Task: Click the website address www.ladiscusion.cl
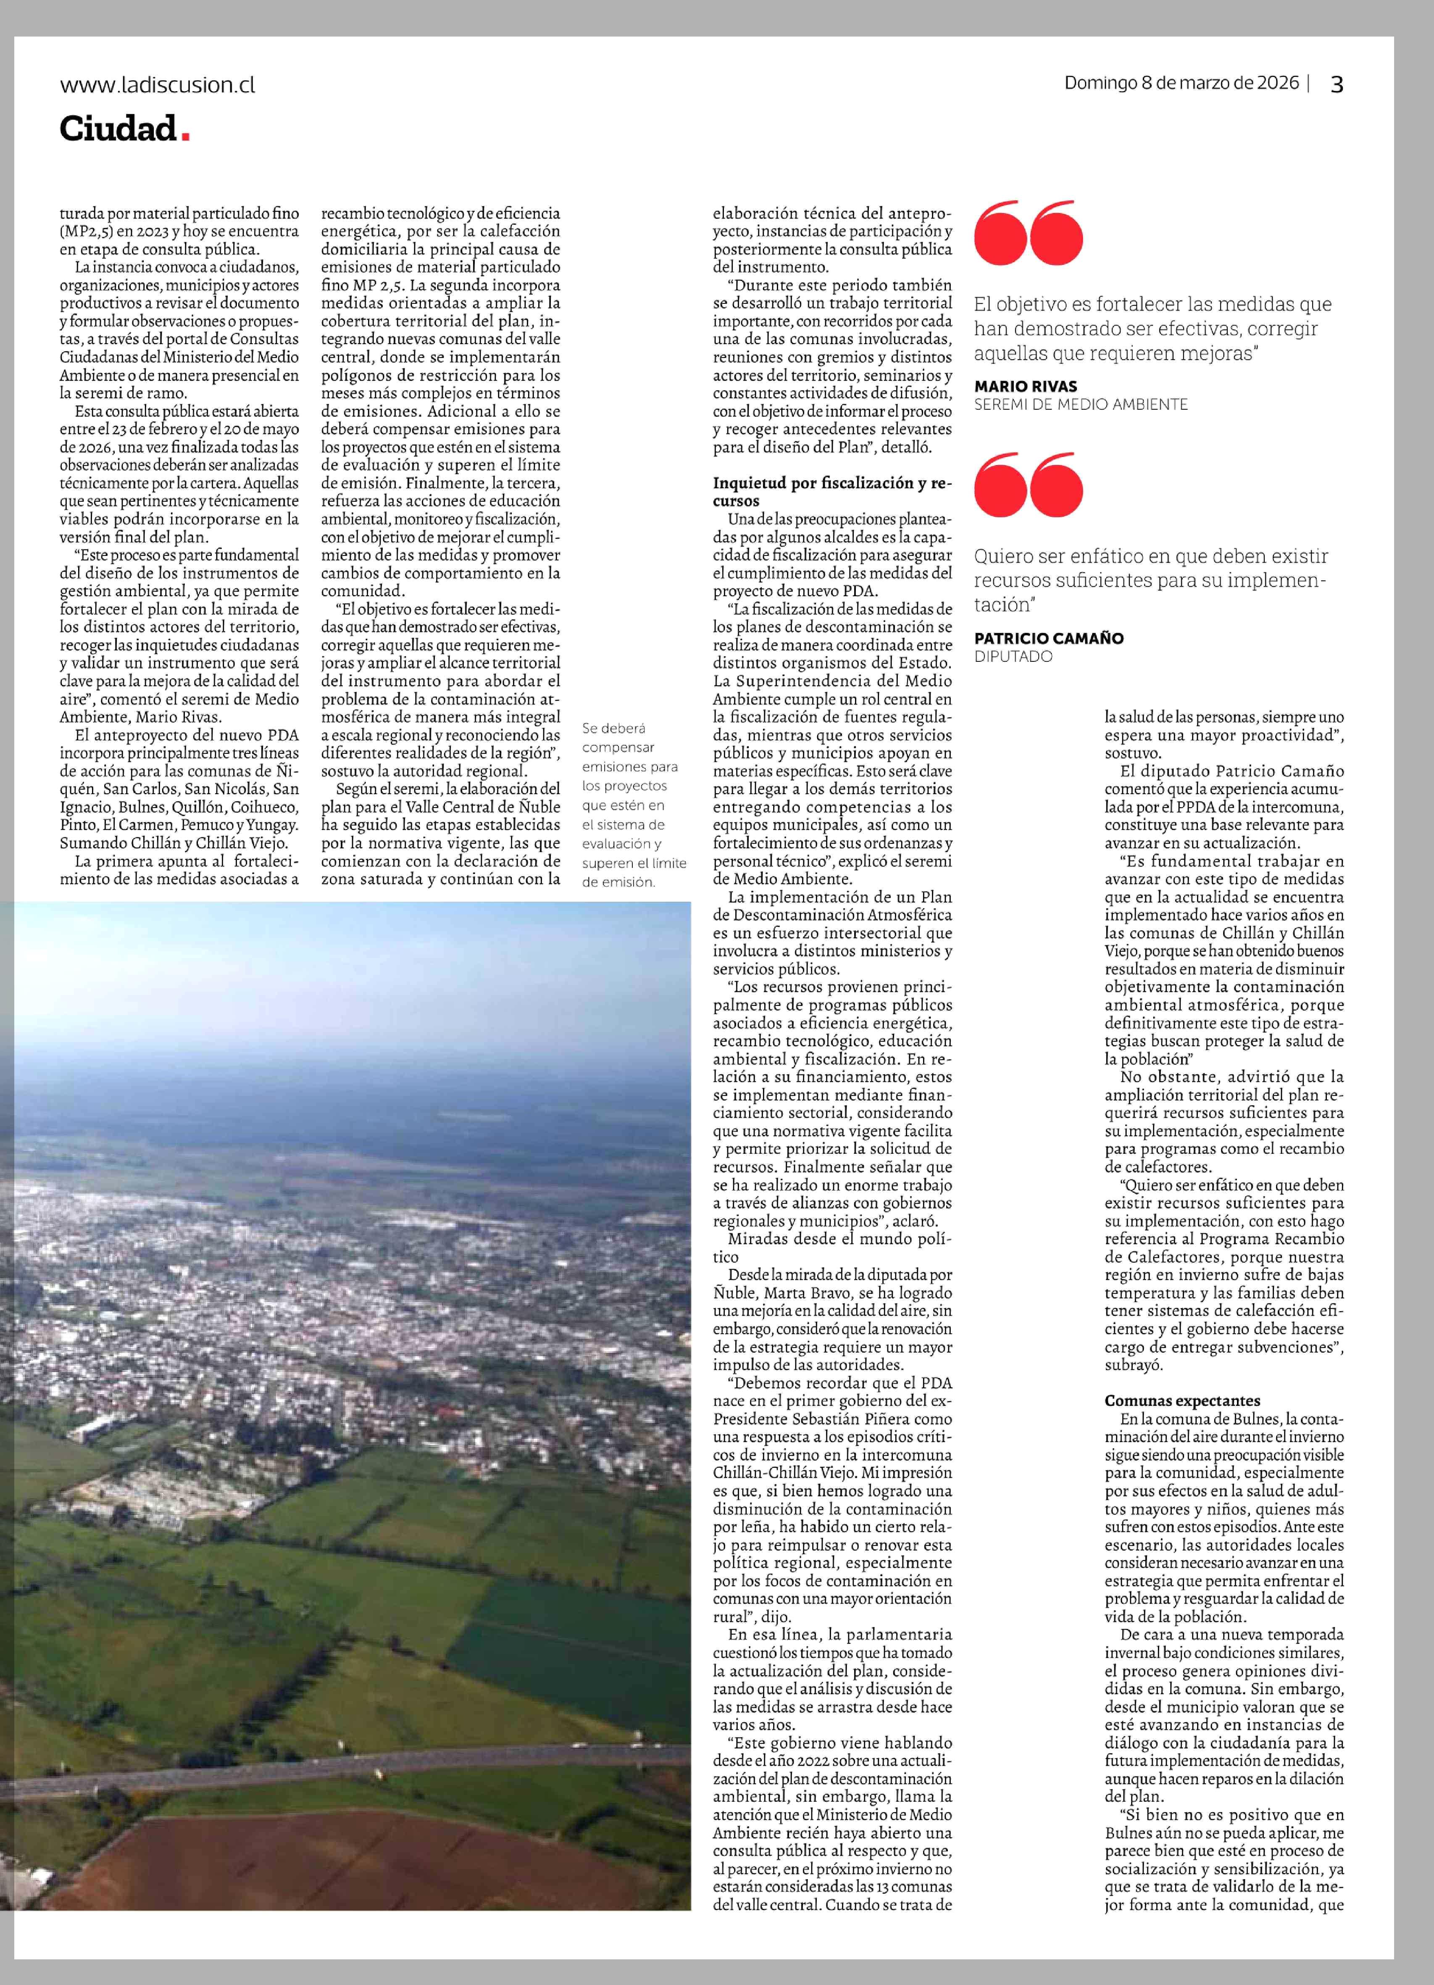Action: pyautogui.click(x=158, y=85)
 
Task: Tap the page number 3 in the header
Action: pyautogui.click(x=1336, y=84)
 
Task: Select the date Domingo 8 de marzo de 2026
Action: pyautogui.click(x=1181, y=83)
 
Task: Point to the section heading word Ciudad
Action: pyautogui.click(x=118, y=129)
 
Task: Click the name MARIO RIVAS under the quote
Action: pyautogui.click(x=1026, y=386)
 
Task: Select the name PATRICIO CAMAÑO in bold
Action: pyautogui.click(x=1048, y=638)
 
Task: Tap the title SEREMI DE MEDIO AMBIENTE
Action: pyautogui.click(x=1081, y=404)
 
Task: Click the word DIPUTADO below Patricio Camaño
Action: pyautogui.click(x=1013, y=656)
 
